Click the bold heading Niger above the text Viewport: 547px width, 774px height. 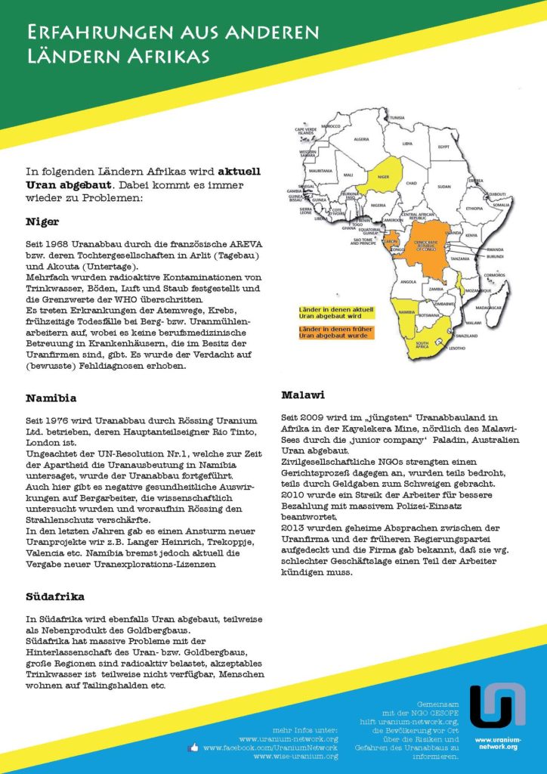42,222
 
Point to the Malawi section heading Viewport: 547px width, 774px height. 302,395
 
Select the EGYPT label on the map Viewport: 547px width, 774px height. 443,146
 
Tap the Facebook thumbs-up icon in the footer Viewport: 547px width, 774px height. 193,748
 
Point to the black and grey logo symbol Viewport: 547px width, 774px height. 496,705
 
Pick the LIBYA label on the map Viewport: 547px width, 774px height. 406,143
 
